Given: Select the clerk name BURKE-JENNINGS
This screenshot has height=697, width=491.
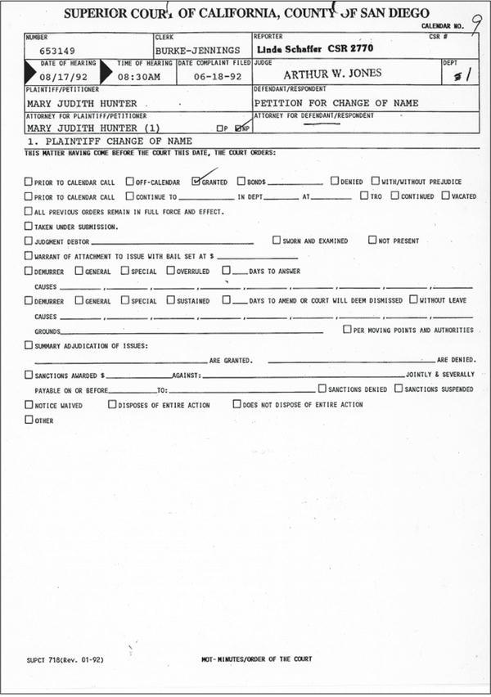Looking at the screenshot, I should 197,51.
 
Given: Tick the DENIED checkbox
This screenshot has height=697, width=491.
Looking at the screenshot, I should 335,182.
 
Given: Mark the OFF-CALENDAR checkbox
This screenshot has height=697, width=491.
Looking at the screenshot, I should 129,182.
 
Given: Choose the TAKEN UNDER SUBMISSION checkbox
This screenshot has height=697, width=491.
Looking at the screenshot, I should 29,226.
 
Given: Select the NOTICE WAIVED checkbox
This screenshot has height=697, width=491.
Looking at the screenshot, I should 29,404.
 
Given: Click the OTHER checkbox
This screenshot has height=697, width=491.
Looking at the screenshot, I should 29,420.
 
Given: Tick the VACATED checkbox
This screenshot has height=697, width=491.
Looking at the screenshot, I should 445,196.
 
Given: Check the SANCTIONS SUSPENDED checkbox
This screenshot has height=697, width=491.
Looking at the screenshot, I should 399,389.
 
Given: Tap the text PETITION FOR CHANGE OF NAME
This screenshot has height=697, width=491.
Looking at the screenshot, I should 336,103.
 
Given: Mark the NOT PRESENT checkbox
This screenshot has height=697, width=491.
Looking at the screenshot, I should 372,241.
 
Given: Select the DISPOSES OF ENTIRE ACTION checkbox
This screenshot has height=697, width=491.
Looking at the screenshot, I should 112,404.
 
